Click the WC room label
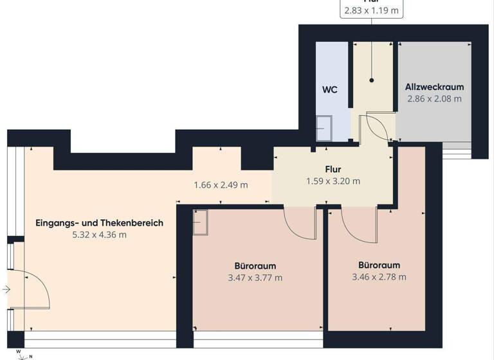(330, 89)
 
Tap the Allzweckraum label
(434, 87)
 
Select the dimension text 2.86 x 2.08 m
(434, 99)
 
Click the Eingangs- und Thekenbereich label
(99, 223)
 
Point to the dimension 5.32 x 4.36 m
(99, 235)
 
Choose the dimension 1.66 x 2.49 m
(221, 185)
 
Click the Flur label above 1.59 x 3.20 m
(333, 170)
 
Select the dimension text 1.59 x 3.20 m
(333, 181)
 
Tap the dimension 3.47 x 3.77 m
(255, 278)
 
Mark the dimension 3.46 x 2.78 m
(379, 277)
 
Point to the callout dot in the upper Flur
(372, 80)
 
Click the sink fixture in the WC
(325, 127)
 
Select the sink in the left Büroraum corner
(201, 224)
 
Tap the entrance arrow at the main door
(6, 290)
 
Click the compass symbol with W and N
(23, 354)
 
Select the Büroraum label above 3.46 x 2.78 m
(379, 265)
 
